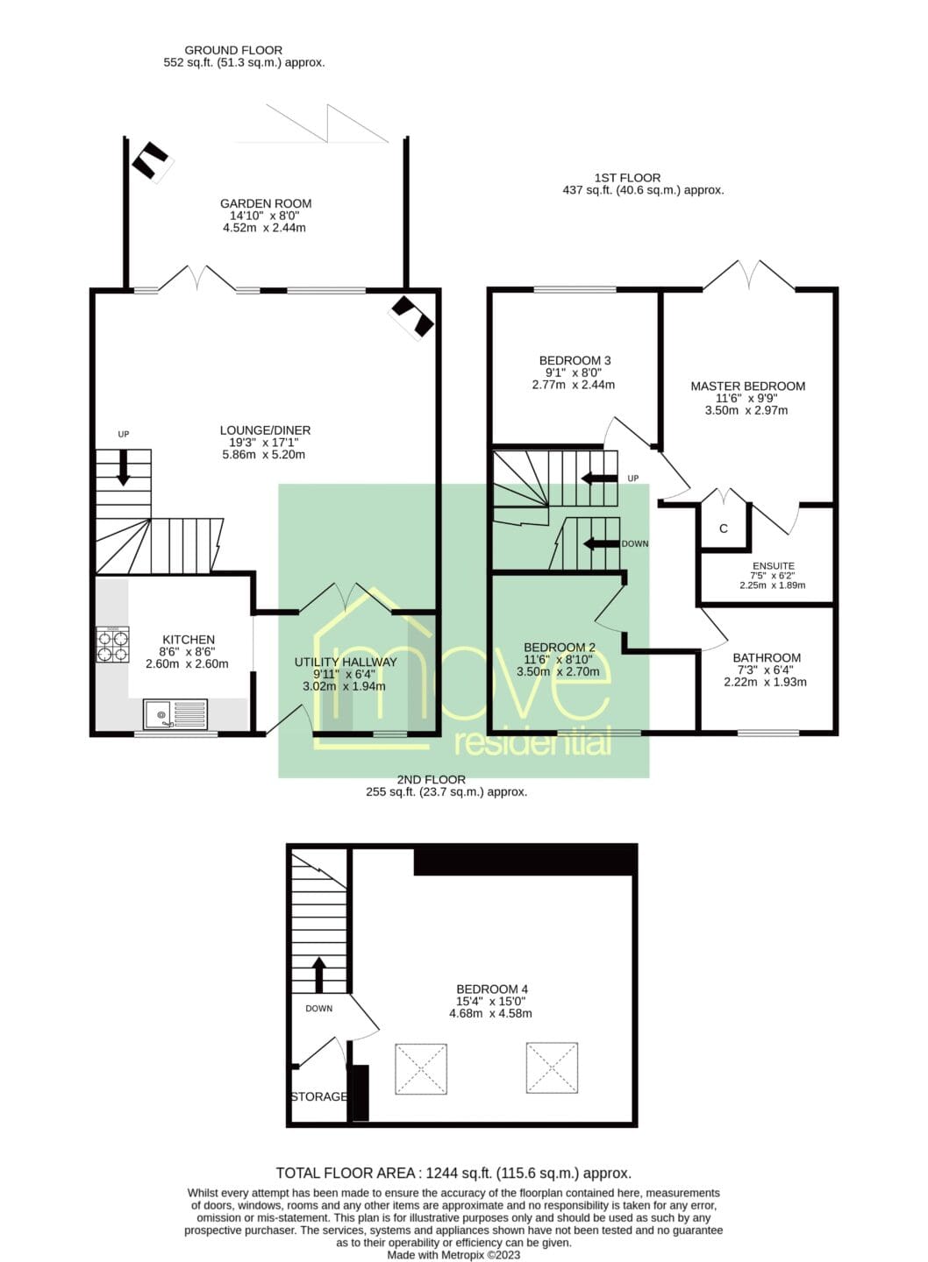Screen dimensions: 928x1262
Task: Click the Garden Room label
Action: pos(266,203)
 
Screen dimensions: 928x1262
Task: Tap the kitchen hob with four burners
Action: pos(112,644)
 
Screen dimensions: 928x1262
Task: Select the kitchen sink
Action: pos(175,714)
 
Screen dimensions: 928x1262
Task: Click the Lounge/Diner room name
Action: pos(265,429)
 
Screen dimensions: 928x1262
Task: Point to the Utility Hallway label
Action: pos(345,662)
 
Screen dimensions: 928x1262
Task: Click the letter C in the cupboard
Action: pos(724,528)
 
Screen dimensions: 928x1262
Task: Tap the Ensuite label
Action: pos(773,565)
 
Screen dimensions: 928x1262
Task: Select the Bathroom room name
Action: pos(767,657)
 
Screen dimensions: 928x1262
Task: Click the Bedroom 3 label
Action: pos(575,360)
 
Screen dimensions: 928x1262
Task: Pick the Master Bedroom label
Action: pos(747,386)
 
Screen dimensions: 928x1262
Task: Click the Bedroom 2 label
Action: pos(560,648)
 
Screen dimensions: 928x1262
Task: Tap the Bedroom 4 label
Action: pos(491,989)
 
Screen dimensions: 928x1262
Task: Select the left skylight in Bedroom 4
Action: pos(421,1069)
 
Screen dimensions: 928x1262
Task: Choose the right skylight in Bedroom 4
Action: pos(552,1067)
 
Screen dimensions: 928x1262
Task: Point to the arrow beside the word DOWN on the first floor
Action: pos(601,543)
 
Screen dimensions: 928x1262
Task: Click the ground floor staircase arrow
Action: pos(123,468)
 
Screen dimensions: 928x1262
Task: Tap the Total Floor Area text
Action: pos(453,1173)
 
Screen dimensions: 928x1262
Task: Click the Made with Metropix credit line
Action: pos(453,1255)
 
